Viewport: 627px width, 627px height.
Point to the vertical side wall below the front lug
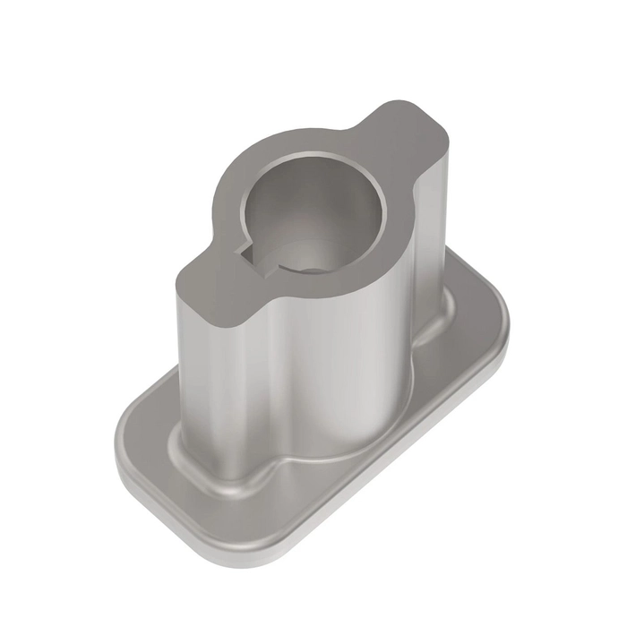click(202, 385)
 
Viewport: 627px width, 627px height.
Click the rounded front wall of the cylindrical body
click(331, 376)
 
